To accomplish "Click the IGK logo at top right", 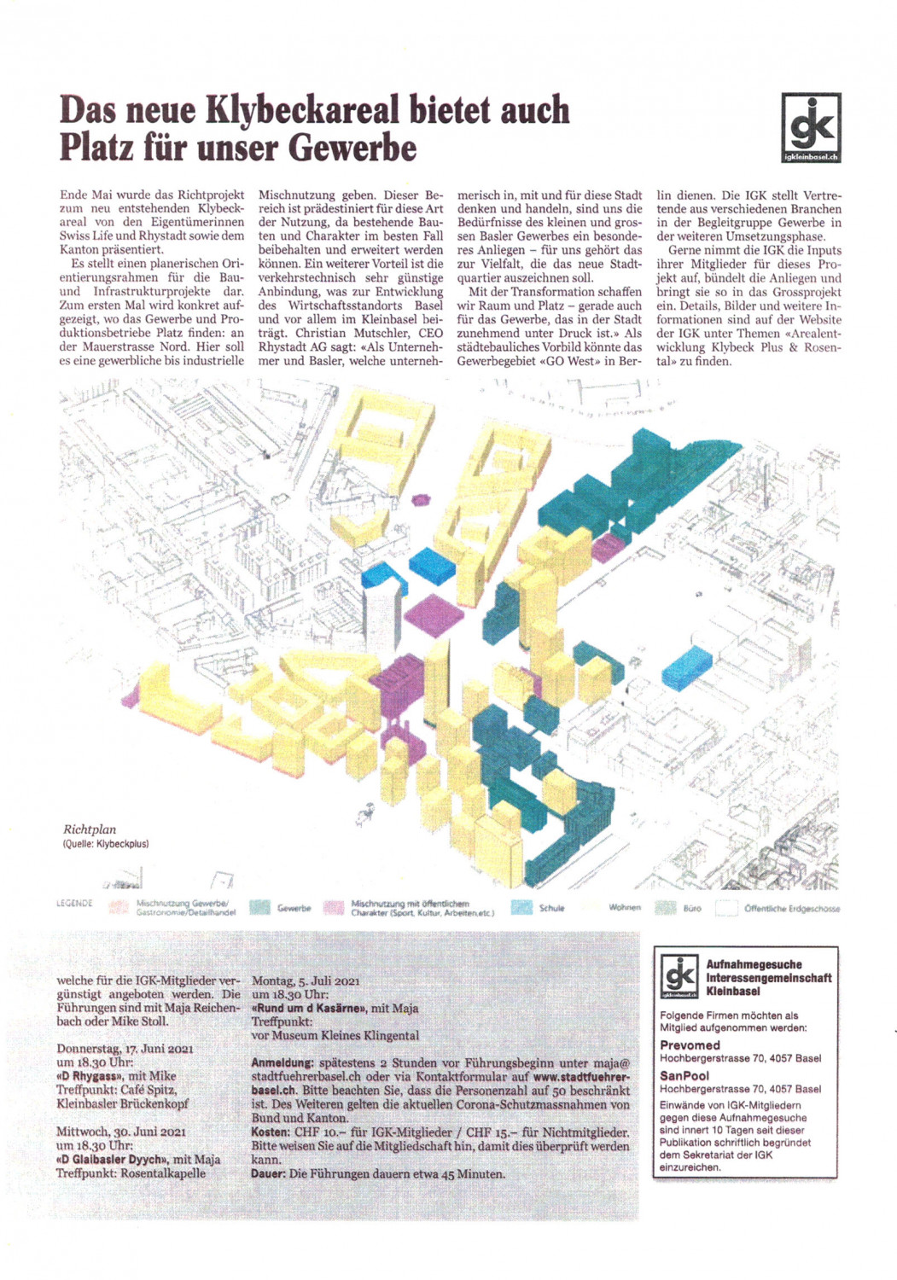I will tap(810, 127).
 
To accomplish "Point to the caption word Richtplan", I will tap(90, 829).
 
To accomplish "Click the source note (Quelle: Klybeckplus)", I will tap(106, 844).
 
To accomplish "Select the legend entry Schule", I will tap(551, 908).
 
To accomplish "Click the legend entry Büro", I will tap(692, 909).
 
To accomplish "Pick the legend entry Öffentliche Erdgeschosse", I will tap(791, 909).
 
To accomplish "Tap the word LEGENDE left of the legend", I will tap(74, 903).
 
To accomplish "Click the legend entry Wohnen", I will tap(625, 907).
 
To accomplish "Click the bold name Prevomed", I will tap(690, 1044).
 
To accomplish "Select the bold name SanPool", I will tap(684, 1075).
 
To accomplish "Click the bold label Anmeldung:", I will tap(282, 1063).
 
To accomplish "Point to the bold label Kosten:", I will tap(270, 1132).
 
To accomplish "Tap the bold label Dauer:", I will tap(268, 1173).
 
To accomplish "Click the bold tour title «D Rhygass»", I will tap(90, 1076).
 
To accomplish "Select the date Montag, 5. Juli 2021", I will tap(306, 980).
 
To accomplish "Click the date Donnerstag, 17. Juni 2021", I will tap(125, 1049).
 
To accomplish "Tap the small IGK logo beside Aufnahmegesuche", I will tap(681, 977).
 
